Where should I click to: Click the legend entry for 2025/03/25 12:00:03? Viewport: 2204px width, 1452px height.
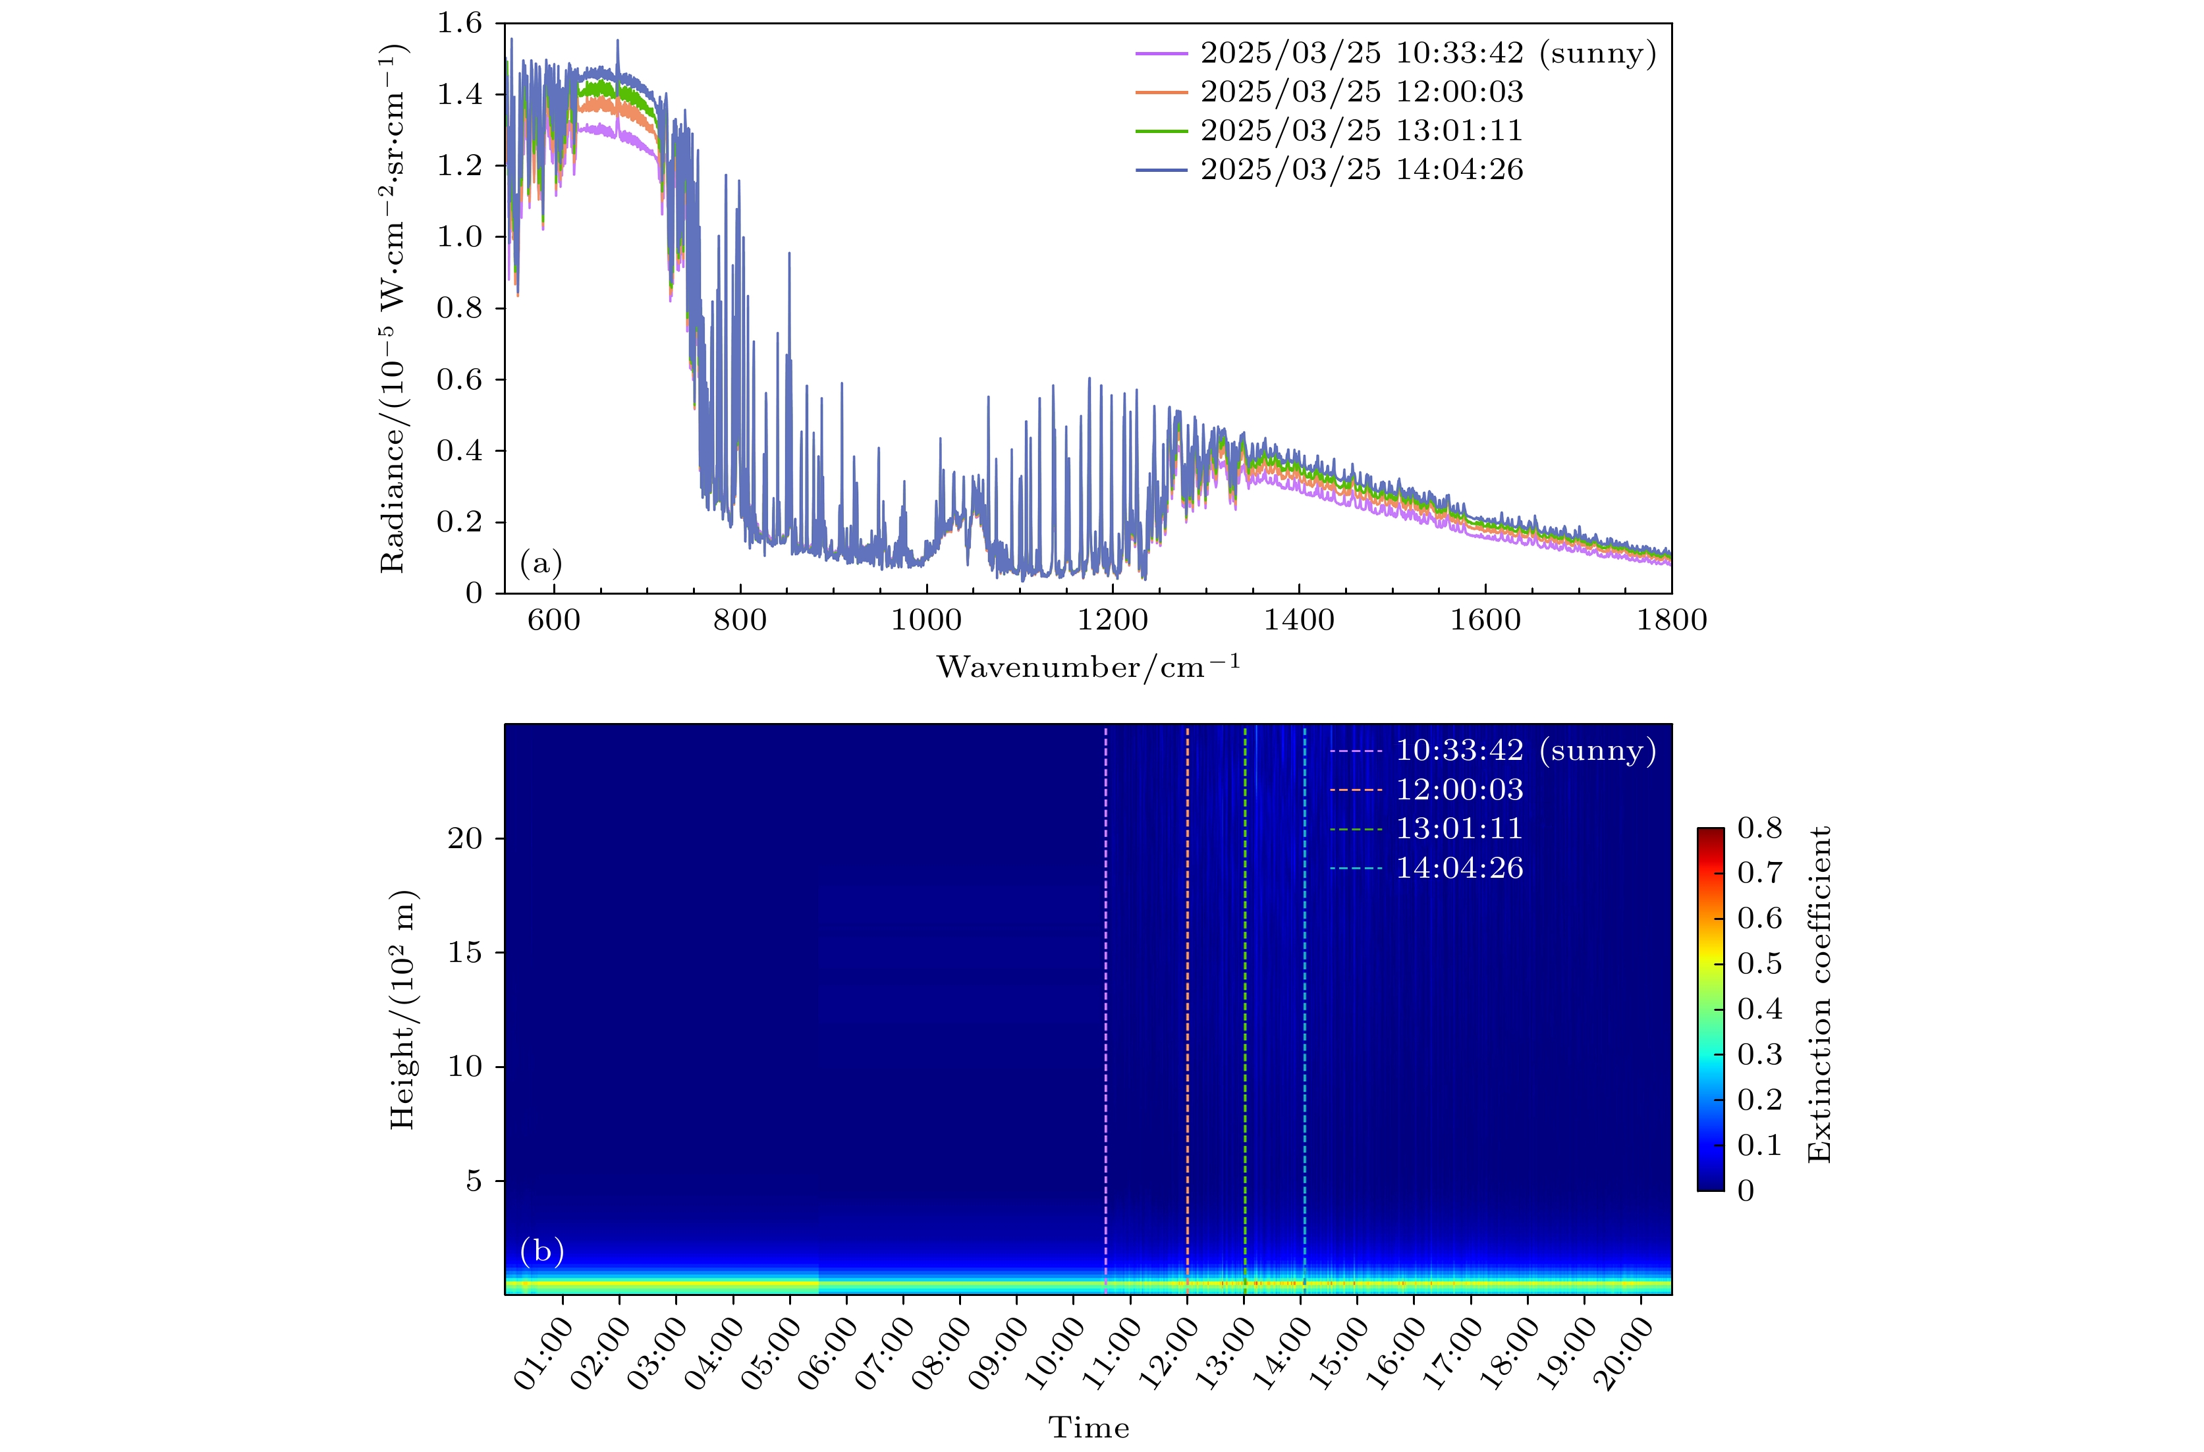point(1362,92)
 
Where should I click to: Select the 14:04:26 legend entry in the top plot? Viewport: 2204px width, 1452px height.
point(1362,169)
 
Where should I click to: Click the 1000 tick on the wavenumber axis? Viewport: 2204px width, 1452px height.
point(926,620)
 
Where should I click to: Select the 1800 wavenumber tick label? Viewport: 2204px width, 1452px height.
point(1670,620)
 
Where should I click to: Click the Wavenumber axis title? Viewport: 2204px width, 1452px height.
point(1088,666)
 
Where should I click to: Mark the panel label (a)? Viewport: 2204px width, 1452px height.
point(541,563)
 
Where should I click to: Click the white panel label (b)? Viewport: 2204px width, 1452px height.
point(541,1251)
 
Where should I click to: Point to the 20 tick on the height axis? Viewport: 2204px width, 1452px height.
point(466,838)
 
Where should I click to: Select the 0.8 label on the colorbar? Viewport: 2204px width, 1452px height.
point(1759,828)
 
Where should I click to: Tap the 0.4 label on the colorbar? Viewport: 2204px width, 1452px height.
point(1759,1008)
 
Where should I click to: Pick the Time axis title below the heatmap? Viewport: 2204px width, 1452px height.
point(1088,1428)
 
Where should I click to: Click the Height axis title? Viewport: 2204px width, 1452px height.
point(402,1009)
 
